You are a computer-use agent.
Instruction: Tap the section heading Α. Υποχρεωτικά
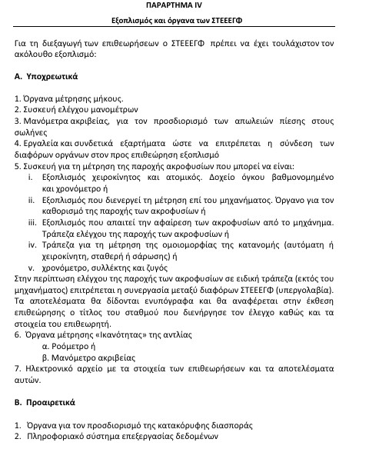tap(48, 78)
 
